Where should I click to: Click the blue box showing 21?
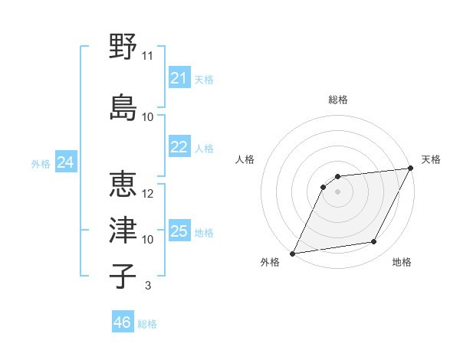[x=179, y=78]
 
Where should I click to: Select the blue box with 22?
[x=179, y=147]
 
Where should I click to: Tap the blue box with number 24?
[x=65, y=162]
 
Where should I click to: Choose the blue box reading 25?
[x=179, y=231]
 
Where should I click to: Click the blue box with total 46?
[x=122, y=322]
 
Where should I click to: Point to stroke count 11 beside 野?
[x=148, y=56]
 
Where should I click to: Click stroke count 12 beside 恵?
[x=148, y=194]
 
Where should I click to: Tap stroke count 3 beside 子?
[x=147, y=286]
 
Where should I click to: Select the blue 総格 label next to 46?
[x=147, y=324]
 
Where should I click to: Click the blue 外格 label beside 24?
[x=41, y=163]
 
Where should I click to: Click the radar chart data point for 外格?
[x=292, y=254]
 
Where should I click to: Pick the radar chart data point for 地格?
[x=374, y=242]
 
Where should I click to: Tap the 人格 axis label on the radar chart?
[x=245, y=159]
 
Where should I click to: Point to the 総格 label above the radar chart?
[x=337, y=100]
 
